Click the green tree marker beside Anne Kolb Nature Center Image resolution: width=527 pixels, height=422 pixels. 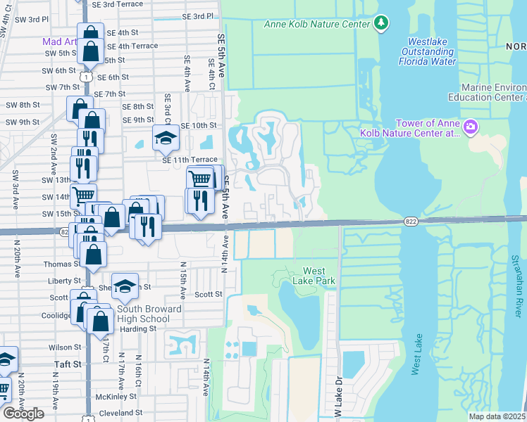[x=381, y=23]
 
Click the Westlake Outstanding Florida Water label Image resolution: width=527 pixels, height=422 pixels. [x=428, y=51]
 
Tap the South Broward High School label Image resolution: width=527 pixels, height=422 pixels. [x=149, y=314]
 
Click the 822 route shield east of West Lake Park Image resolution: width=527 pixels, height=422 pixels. [x=410, y=221]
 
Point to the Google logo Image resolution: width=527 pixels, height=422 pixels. [x=23, y=414]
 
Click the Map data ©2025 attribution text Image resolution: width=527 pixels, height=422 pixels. [x=497, y=416]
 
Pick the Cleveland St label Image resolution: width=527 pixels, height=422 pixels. [x=120, y=413]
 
